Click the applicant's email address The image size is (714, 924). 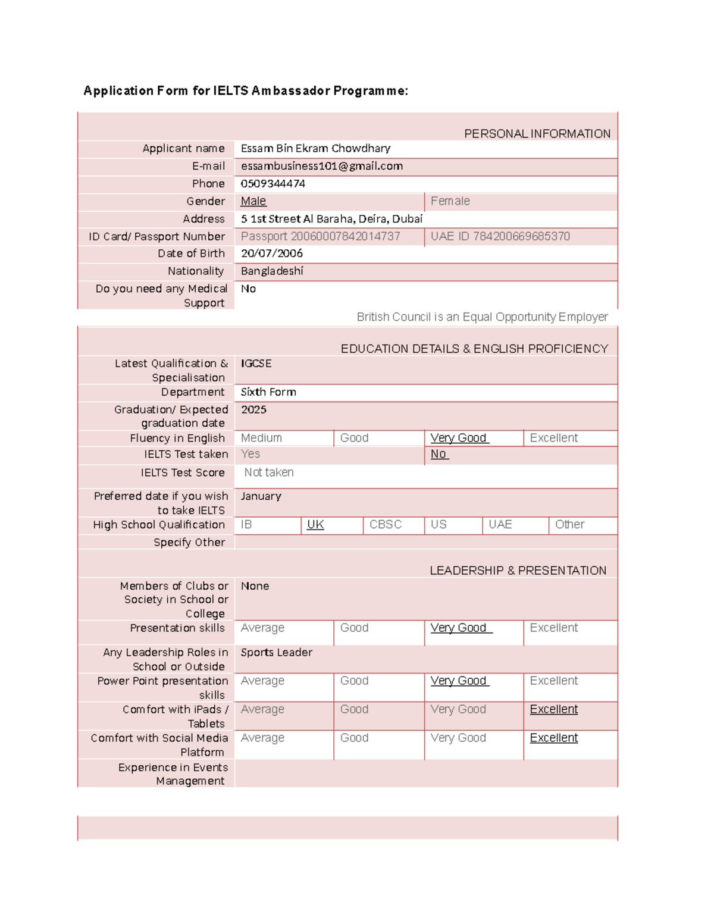(321, 167)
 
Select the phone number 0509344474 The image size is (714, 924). (273, 184)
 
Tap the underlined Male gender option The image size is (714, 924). (253, 201)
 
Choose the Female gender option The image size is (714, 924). (450, 201)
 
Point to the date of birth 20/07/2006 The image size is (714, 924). (271, 253)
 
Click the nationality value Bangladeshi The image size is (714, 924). (272, 271)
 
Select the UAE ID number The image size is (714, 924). (500, 237)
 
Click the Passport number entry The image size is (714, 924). (320, 237)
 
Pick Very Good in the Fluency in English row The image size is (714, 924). (459, 438)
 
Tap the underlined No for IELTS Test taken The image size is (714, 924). (439, 454)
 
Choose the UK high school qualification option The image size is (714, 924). (315, 525)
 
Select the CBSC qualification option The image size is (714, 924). (386, 525)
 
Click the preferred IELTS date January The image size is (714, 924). (261, 496)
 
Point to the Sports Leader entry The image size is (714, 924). (276, 653)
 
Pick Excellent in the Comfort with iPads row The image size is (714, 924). (553, 709)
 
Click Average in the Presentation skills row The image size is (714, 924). (262, 628)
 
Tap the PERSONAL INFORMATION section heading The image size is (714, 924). (537, 134)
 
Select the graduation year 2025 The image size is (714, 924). (253, 410)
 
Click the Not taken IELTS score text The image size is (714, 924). (269, 472)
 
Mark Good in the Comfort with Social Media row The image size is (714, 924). (354, 738)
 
